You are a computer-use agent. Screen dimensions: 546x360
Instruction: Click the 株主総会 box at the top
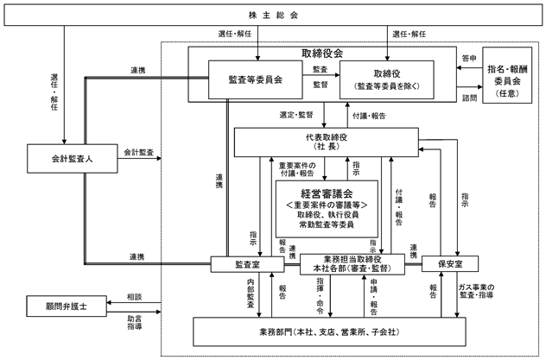click(273, 15)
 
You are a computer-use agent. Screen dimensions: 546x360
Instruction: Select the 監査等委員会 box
click(255, 79)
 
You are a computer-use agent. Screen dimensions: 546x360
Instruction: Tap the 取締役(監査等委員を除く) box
click(386, 79)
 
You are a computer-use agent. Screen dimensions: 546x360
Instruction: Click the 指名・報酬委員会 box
click(507, 75)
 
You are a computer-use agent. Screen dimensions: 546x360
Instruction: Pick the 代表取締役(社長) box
click(327, 142)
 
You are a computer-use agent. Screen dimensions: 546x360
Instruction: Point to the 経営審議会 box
click(327, 209)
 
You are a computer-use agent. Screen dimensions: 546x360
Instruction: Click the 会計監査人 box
click(73, 159)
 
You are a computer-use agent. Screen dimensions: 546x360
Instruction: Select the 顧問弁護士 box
click(67, 306)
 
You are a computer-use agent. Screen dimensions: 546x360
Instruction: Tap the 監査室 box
click(247, 264)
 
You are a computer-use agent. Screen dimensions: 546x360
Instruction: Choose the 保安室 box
click(450, 263)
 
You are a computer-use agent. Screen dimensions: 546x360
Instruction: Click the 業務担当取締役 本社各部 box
click(352, 264)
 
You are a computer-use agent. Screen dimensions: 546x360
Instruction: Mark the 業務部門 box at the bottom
click(329, 332)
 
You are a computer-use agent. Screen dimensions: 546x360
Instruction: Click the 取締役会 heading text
click(322, 54)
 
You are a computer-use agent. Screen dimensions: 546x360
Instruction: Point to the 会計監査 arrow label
click(138, 152)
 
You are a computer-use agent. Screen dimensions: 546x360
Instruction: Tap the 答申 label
click(469, 59)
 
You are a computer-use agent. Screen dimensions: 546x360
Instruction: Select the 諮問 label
click(469, 98)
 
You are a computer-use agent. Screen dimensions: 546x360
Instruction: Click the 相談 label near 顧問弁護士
click(135, 297)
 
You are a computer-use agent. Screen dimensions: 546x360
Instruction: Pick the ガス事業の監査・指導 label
click(476, 291)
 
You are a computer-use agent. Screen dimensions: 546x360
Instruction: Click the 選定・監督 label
click(296, 115)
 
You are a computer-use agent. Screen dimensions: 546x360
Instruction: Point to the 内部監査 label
click(251, 293)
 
